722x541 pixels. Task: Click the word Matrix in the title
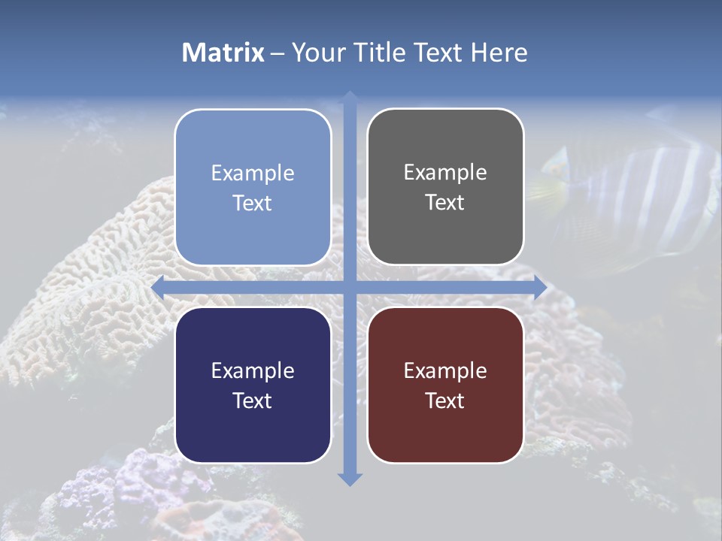point(223,53)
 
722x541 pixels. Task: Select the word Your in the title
point(317,53)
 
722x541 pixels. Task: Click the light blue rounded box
point(253,187)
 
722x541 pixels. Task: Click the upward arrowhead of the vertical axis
point(350,97)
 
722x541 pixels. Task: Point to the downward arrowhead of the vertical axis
point(350,479)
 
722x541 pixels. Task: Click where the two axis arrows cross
point(350,287)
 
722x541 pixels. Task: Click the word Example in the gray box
point(445,172)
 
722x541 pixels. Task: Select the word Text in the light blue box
point(253,203)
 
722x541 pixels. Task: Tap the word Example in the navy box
point(253,370)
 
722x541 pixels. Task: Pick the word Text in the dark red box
point(445,400)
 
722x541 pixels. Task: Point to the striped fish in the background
point(632,195)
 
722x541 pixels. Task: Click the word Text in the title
point(436,53)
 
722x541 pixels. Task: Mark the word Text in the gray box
point(445,203)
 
